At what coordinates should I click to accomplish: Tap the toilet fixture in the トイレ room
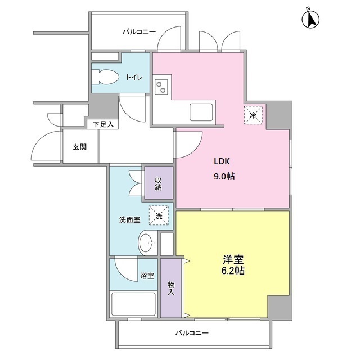tap(106, 77)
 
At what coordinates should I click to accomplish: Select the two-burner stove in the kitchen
tap(161, 87)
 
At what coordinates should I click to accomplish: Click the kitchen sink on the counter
tap(201, 111)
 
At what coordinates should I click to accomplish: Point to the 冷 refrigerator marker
tap(253, 115)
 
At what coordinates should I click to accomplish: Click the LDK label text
tap(222, 161)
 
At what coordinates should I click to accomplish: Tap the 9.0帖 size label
tap(224, 176)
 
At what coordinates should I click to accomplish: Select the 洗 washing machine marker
tap(159, 214)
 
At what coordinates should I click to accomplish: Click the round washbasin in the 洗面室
tap(148, 244)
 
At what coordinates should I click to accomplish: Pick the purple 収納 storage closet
tap(158, 183)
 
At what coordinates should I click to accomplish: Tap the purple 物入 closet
tap(171, 287)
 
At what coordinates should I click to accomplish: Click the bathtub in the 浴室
tap(133, 304)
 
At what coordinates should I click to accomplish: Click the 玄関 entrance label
tap(79, 147)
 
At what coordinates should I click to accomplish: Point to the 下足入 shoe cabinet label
tap(102, 124)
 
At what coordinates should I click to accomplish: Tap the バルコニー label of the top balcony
tap(139, 32)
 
